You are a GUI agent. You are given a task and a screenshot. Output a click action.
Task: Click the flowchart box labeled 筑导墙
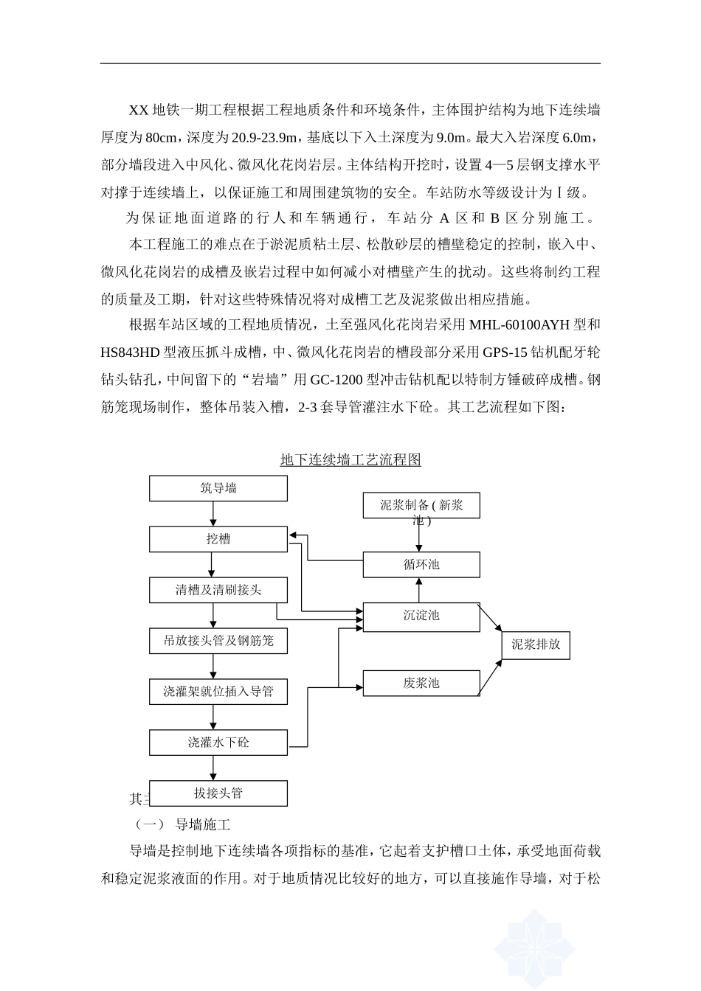pyautogui.click(x=218, y=488)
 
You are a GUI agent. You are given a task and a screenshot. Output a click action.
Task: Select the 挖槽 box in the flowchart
pyautogui.click(x=218, y=539)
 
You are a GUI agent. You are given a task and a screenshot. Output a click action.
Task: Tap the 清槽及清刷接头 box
pyautogui.click(x=218, y=590)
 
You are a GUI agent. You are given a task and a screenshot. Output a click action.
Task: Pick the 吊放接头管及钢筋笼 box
pyautogui.click(x=218, y=641)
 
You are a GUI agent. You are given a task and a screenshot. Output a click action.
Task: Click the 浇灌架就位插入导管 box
pyautogui.click(x=218, y=692)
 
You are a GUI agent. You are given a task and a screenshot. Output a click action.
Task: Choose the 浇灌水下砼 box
pyautogui.click(x=218, y=743)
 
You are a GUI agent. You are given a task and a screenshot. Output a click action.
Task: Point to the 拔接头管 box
pyautogui.click(x=218, y=793)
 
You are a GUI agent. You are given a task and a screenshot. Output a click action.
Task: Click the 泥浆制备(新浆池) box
pyautogui.click(x=421, y=507)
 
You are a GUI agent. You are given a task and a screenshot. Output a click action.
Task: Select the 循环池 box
pyautogui.click(x=421, y=565)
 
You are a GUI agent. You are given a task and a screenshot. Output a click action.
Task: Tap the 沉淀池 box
pyautogui.click(x=421, y=616)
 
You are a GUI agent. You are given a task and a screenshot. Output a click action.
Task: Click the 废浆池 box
pyautogui.click(x=421, y=683)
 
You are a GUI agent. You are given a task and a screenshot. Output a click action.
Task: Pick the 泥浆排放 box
pyautogui.click(x=536, y=644)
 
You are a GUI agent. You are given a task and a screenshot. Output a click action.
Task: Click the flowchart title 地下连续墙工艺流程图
pyautogui.click(x=350, y=460)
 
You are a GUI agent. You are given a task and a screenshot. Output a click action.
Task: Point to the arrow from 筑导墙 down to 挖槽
pyautogui.click(x=213, y=514)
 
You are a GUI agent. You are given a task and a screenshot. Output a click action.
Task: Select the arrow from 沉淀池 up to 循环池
pyautogui.click(x=420, y=589)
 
